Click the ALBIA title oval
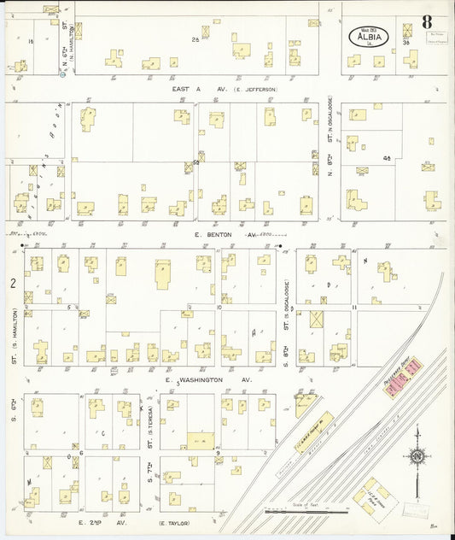tap(368, 37)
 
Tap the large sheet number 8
tap(425, 21)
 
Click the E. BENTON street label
tap(213, 233)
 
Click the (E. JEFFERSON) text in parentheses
tap(254, 89)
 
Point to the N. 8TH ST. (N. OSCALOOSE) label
tap(330, 158)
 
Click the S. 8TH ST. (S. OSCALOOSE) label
tap(283, 329)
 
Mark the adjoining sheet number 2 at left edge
tap(13, 283)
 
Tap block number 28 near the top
tap(195, 39)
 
